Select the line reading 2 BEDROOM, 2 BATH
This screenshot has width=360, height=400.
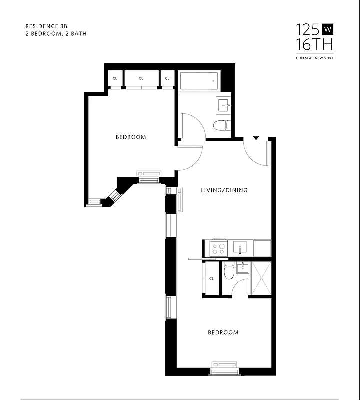(x=52, y=34)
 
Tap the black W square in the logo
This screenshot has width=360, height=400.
(x=328, y=29)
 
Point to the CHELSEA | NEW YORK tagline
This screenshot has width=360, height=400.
(x=315, y=58)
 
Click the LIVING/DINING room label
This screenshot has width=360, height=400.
(x=224, y=190)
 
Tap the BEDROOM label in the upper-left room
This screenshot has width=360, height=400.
(x=131, y=137)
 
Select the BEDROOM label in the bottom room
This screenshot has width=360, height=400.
(x=223, y=332)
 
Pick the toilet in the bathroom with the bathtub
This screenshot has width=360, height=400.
(x=221, y=125)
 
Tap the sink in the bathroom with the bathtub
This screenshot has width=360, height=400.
(x=223, y=105)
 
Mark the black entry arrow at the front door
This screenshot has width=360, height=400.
(x=256, y=138)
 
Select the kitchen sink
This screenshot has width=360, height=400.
(x=241, y=248)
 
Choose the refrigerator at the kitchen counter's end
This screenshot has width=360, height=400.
(x=262, y=248)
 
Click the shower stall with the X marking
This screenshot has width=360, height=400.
(x=260, y=279)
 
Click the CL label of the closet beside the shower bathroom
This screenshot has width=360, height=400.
(x=211, y=279)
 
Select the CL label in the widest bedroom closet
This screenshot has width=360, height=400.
(x=141, y=78)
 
